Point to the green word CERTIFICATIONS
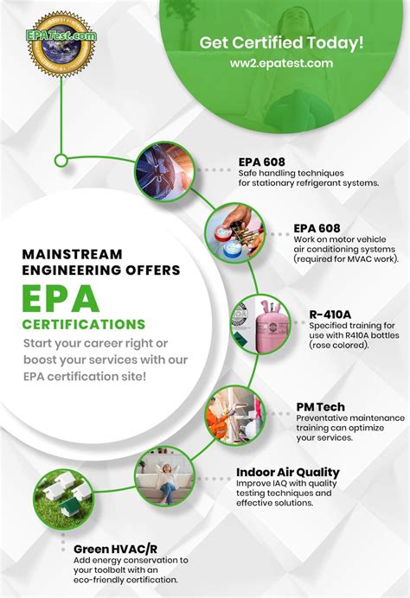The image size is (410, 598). coord(84,325)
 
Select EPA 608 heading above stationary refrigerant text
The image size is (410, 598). coord(262,161)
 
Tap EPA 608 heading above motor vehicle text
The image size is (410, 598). coord(317,228)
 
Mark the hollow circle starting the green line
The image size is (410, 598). coord(61,158)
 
